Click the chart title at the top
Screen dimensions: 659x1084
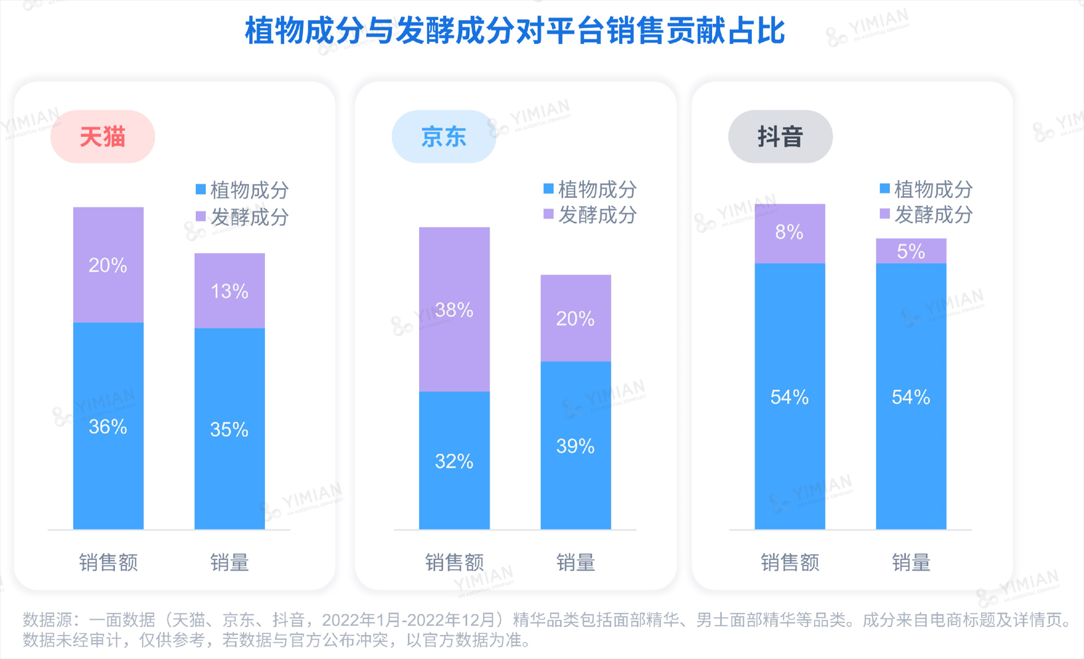pyautogui.click(x=515, y=31)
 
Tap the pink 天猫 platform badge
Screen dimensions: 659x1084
pyautogui.click(x=103, y=137)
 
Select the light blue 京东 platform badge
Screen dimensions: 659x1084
pyautogui.click(x=444, y=137)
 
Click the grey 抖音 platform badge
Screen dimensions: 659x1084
pyautogui.click(x=780, y=137)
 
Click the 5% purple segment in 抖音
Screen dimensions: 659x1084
pyautogui.click(x=911, y=251)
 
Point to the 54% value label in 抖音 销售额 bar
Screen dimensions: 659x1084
pyautogui.click(x=790, y=397)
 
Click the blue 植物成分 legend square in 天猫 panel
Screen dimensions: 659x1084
pyautogui.click(x=201, y=190)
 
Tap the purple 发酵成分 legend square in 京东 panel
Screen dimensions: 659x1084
pyautogui.click(x=549, y=214)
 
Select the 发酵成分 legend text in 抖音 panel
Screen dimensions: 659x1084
pyautogui.click(x=933, y=215)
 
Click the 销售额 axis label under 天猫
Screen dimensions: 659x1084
pyautogui.click(x=108, y=563)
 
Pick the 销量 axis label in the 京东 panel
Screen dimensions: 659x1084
pyautogui.click(x=576, y=563)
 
